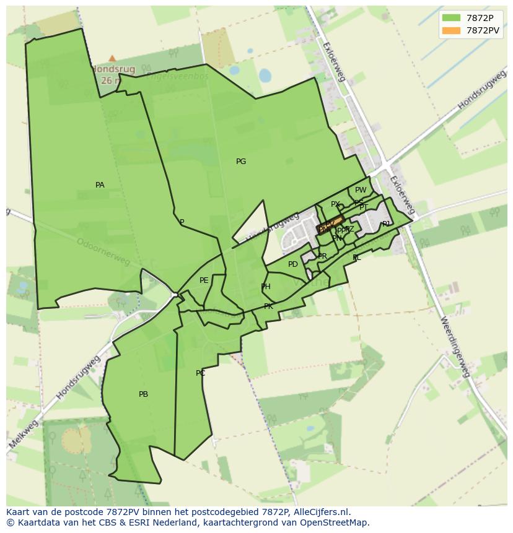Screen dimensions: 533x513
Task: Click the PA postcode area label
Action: [x=100, y=185]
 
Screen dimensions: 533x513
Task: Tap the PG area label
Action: [x=241, y=162]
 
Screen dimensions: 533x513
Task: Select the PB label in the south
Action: [x=143, y=394]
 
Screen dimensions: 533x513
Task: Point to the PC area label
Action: [x=200, y=373]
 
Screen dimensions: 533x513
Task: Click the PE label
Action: [x=204, y=280]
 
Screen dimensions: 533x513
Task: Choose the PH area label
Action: [x=266, y=287]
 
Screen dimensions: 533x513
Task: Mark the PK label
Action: [x=268, y=306]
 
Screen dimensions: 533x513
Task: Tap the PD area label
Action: [x=293, y=264]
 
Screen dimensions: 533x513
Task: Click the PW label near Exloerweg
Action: [x=361, y=190]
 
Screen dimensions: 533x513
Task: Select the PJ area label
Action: [x=386, y=224]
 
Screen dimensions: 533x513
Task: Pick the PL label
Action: [x=356, y=258]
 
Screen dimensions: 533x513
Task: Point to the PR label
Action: [x=322, y=256]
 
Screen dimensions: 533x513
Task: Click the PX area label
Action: [x=335, y=204]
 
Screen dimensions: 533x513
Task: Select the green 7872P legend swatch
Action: [x=452, y=17]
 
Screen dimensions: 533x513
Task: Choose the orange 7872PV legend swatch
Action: [x=452, y=30]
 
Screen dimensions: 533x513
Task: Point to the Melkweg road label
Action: [x=24, y=434]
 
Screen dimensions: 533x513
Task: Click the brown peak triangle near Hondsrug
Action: [x=112, y=58]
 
